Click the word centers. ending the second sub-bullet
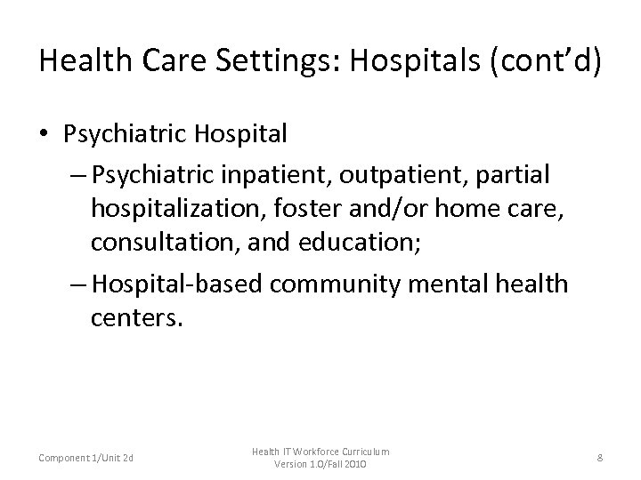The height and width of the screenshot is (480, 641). [136, 318]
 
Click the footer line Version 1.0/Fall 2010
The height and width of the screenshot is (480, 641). [320, 465]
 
